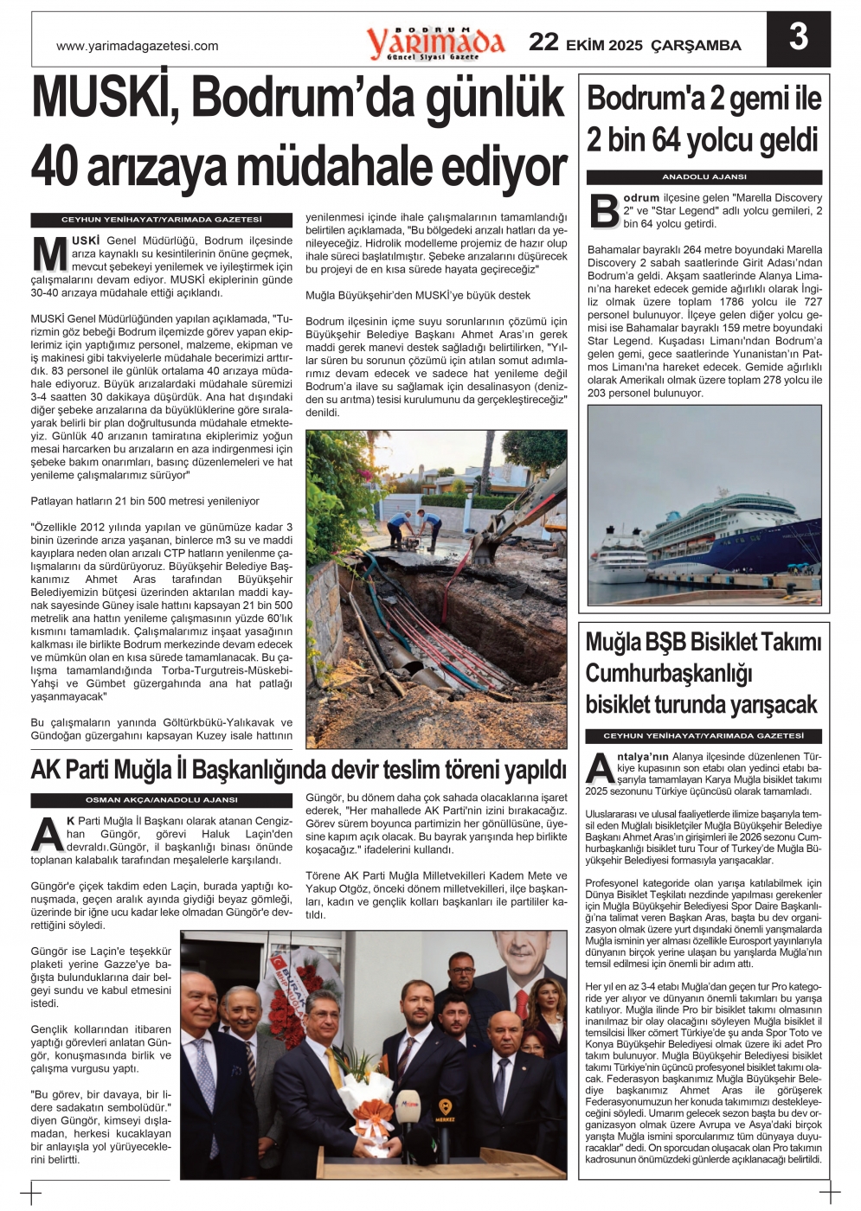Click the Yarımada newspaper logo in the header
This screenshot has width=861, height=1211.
434,42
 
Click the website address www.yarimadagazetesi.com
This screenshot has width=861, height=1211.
138,46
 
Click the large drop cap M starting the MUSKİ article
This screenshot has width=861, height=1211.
49,253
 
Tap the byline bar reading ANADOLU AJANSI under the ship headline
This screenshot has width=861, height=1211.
704,176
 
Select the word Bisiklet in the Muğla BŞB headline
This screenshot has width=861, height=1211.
722,643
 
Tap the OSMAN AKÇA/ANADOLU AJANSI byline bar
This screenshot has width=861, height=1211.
161,800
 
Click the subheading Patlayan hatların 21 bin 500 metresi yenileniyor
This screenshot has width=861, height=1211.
145,501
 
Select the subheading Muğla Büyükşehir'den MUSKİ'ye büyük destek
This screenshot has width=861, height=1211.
418,295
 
